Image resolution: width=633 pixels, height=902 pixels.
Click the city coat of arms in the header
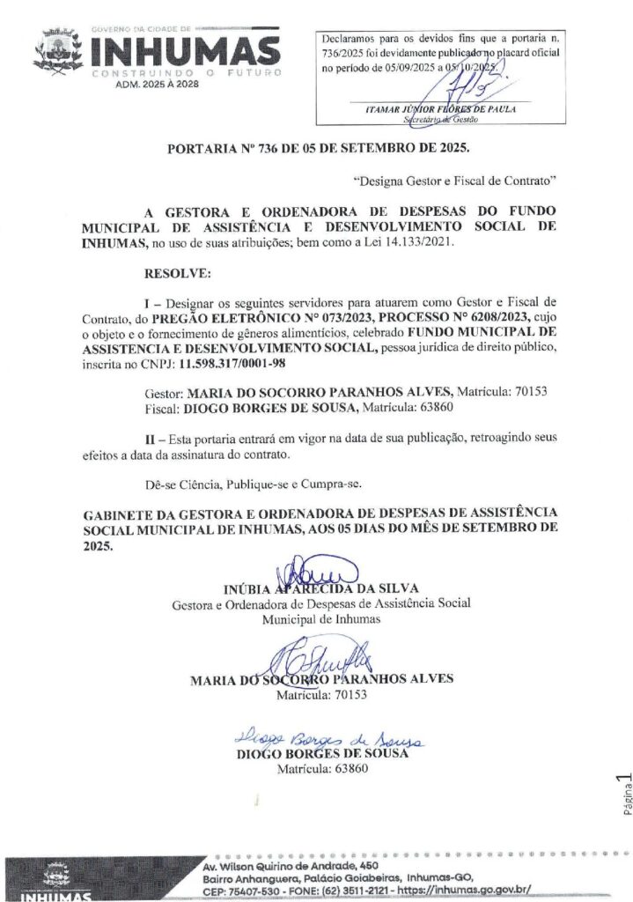click(x=58, y=51)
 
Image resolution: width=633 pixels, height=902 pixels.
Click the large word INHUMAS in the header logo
click(x=186, y=50)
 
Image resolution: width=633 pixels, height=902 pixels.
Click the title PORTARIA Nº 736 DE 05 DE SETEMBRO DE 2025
click(x=319, y=147)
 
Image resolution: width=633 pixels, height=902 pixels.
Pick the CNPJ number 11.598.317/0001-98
click(x=238, y=362)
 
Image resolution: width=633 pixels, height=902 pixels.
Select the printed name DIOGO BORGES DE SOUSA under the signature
click(x=323, y=754)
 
